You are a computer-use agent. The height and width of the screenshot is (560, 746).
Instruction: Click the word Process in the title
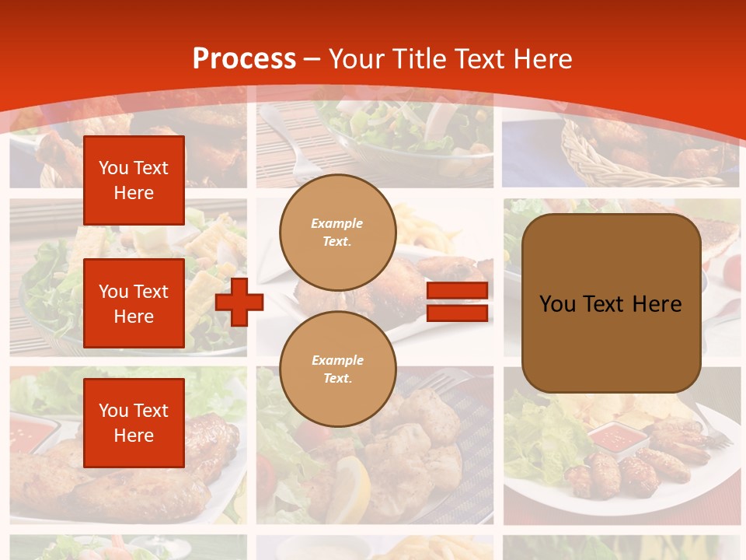pyautogui.click(x=244, y=59)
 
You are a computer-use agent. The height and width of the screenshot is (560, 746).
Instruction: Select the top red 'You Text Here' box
pyautogui.click(x=134, y=180)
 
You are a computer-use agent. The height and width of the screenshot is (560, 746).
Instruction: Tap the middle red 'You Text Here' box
pyautogui.click(x=134, y=303)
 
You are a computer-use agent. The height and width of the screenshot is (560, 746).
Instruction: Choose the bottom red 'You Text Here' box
pyautogui.click(x=134, y=422)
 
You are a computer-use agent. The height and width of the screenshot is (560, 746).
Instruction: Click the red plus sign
pyautogui.click(x=239, y=302)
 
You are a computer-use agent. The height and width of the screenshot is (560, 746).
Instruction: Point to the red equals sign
pyautogui.click(x=457, y=302)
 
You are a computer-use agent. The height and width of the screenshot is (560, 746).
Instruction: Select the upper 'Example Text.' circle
pyautogui.click(x=337, y=233)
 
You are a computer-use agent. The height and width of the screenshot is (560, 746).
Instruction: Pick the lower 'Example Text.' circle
pyautogui.click(x=337, y=369)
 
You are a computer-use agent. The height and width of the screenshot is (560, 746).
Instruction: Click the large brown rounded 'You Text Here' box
pyautogui.click(x=611, y=303)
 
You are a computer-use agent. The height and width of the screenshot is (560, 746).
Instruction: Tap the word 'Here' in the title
pyautogui.click(x=542, y=59)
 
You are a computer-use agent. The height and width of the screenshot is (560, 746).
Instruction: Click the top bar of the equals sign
pyautogui.click(x=457, y=291)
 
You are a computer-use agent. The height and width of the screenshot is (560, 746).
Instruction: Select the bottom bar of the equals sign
pyautogui.click(x=457, y=313)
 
